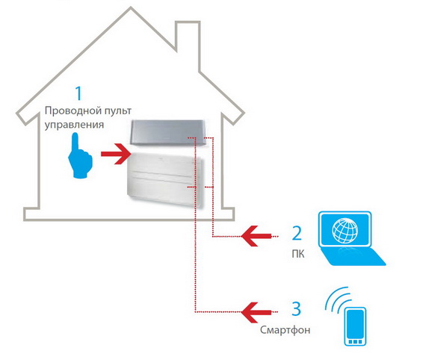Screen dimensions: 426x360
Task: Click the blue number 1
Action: [x=78, y=93]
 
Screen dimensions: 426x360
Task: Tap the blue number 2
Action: [x=297, y=233]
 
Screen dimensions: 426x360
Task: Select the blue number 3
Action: [x=297, y=308]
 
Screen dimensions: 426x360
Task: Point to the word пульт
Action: [x=117, y=111]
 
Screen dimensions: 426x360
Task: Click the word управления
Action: [x=74, y=125]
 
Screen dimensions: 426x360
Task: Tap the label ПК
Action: [x=298, y=254]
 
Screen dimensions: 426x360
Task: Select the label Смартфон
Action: [x=285, y=330]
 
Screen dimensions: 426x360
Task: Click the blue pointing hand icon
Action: [x=80, y=156]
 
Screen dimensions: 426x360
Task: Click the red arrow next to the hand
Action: [x=117, y=154]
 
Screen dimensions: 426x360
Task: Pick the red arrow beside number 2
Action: [x=256, y=236]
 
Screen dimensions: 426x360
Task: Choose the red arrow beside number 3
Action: [x=256, y=312]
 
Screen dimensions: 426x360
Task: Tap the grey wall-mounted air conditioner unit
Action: [x=167, y=132]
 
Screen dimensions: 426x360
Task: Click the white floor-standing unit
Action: [x=165, y=179]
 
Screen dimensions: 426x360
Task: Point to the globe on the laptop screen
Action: [x=345, y=231]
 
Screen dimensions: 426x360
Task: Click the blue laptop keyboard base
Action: [x=352, y=257]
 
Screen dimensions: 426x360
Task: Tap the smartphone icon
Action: [x=355, y=326]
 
